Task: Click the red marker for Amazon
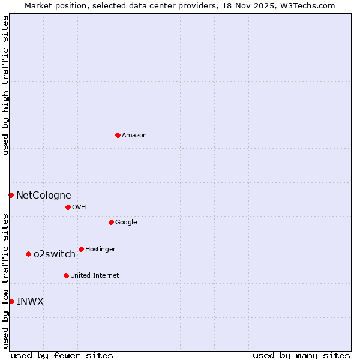pyautogui.click(x=118, y=135)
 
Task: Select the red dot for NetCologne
pyautogui.click(x=11, y=195)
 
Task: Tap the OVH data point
pyautogui.click(x=68, y=207)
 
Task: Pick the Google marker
pyautogui.click(x=111, y=222)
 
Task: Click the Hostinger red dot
pyautogui.click(x=81, y=249)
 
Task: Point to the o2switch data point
pyautogui.click(x=28, y=254)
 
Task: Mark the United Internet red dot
pyautogui.click(x=66, y=275)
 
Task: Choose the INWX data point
pyautogui.click(x=11, y=301)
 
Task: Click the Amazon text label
pyautogui.click(x=134, y=136)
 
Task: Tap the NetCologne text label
pyautogui.click(x=43, y=195)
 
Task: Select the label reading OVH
pyautogui.click(x=79, y=208)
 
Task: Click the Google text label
pyautogui.click(x=126, y=223)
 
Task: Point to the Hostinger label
pyautogui.click(x=100, y=250)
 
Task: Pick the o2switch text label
pyautogui.click(x=55, y=254)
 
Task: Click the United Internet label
pyautogui.click(x=95, y=276)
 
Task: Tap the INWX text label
pyautogui.click(x=30, y=301)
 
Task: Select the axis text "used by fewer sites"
pyautogui.click(x=62, y=355)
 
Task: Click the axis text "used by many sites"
pyautogui.click(x=301, y=355)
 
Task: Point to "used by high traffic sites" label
pyautogui.click(x=6, y=85)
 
